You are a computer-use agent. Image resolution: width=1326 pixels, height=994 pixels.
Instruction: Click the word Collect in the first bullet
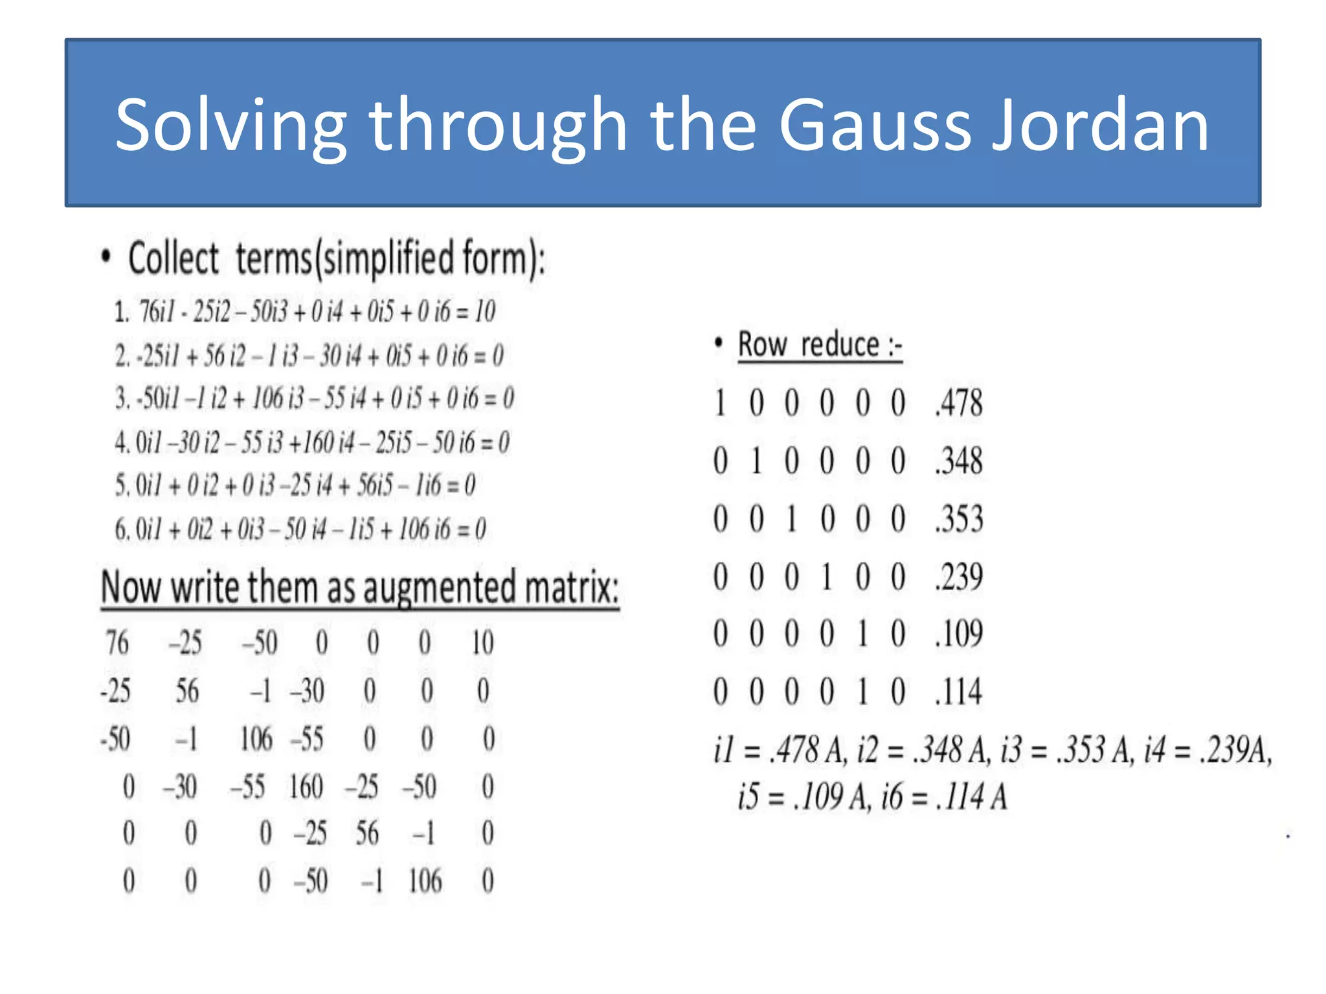click(x=174, y=259)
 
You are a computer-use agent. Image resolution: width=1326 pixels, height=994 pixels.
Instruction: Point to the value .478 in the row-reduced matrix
click(x=959, y=403)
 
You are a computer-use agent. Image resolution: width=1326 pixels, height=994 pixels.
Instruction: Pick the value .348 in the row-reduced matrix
click(x=959, y=461)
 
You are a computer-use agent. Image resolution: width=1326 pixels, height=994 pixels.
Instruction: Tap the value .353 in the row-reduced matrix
click(x=959, y=518)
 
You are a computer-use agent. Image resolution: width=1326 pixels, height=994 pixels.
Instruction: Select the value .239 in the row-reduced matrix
click(x=959, y=576)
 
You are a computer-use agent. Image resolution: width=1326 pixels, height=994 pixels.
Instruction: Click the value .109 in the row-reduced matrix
click(x=959, y=634)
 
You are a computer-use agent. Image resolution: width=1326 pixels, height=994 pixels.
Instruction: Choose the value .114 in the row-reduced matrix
click(x=959, y=691)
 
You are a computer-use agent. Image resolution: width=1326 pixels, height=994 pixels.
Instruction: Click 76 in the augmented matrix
click(x=117, y=643)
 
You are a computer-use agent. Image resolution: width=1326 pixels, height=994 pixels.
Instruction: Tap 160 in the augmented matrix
click(x=306, y=787)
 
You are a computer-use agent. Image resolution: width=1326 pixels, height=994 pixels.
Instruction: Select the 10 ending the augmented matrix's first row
click(x=482, y=643)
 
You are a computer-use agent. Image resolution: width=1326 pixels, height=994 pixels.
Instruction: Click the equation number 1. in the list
click(x=122, y=312)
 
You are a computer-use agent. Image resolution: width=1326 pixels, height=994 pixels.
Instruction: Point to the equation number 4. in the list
click(x=122, y=443)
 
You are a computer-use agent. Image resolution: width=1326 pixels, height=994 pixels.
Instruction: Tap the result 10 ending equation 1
click(x=485, y=311)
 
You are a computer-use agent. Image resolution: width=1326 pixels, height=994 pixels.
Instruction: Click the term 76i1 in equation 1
click(x=157, y=311)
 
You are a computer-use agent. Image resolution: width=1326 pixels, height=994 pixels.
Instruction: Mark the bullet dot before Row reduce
click(x=718, y=343)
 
